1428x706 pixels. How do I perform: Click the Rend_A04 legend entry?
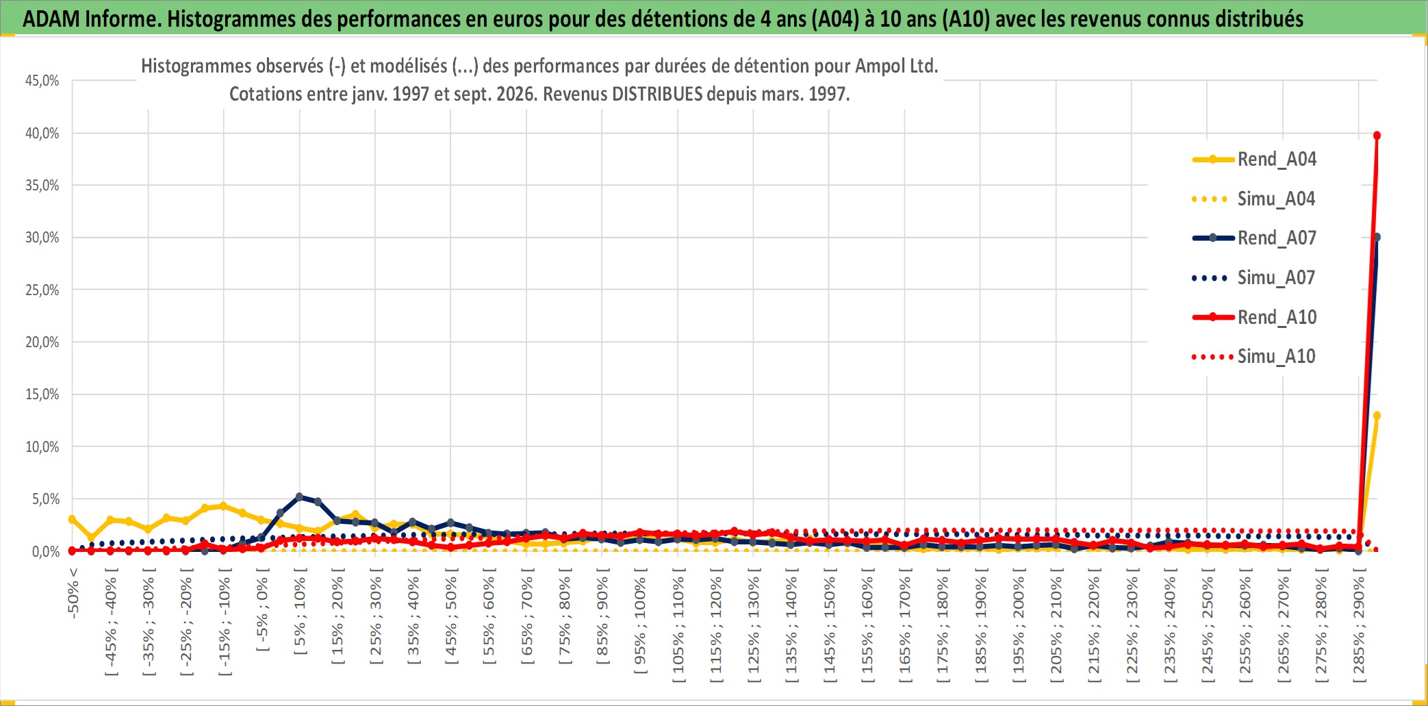point(1254,160)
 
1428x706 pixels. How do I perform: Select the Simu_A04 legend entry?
point(1254,199)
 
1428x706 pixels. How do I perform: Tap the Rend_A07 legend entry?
point(1254,238)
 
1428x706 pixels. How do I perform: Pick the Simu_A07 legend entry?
point(1254,278)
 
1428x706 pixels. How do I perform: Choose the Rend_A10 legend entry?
point(1254,317)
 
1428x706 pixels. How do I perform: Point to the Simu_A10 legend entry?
point(1254,357)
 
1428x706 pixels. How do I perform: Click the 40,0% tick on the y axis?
point(42,134)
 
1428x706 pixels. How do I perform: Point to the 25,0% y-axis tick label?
point(42,290)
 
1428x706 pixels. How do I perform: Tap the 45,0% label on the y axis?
point(42,81)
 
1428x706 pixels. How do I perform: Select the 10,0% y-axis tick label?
point(42,447)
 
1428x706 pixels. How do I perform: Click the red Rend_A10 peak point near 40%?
point(1377,136)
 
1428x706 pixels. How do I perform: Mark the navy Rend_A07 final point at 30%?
point(1377,237)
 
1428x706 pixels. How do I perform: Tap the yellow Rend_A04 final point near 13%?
point(1377,416)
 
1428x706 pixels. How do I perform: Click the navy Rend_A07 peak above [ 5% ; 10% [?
point(299,496)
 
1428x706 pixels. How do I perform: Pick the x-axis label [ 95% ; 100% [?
point(640,625)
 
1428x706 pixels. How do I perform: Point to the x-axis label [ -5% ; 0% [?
point(262,614)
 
